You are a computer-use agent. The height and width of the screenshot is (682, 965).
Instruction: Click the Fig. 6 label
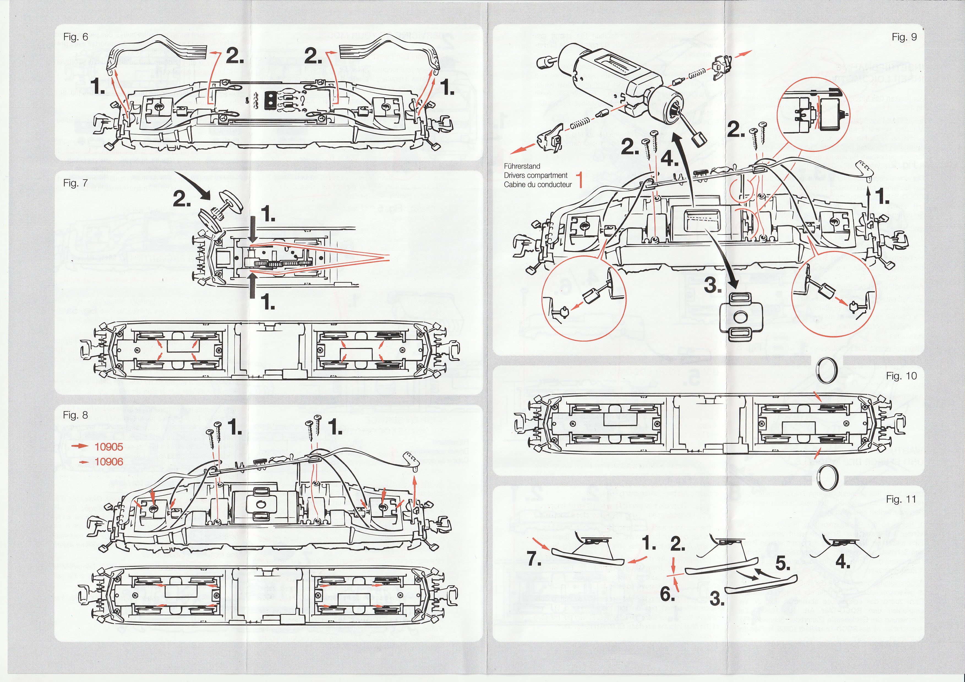[x=76, y=37]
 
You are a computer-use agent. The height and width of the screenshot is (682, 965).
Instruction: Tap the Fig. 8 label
[x=76, y=415]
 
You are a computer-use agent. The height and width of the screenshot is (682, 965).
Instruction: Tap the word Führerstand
[x=522, y=166]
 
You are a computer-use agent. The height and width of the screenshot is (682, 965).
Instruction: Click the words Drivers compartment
[x=535, y=175]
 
